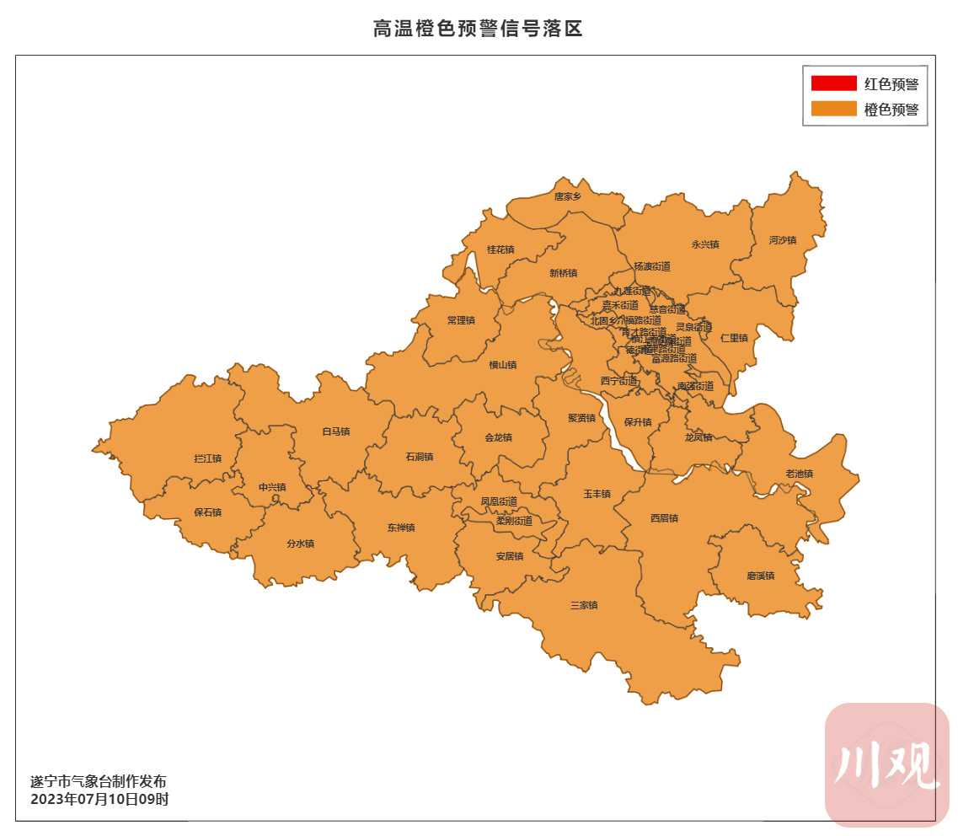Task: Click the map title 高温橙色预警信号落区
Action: point(478,29)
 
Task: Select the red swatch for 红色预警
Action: point(833,83)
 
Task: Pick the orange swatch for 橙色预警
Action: point(833,110)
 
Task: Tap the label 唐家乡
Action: point(568,196)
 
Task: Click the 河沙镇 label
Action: point(782,240)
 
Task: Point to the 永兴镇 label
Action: point(705,244)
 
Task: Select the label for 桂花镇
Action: point(500,249)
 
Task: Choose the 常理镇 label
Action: point(461,320)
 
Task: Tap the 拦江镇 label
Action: point(207,458)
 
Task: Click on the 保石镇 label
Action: point(207,512)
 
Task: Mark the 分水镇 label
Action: point(300,544)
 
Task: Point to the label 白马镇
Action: point(335,431)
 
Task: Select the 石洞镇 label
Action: point(419,457)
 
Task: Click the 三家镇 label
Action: point(583,605)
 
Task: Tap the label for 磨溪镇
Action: point(760,576)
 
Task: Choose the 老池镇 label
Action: point(799,474)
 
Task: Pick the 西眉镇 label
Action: point(664,518)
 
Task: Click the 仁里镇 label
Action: point(734,338)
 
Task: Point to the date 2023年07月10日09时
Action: point(99,799)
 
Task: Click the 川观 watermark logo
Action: point(886,764)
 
